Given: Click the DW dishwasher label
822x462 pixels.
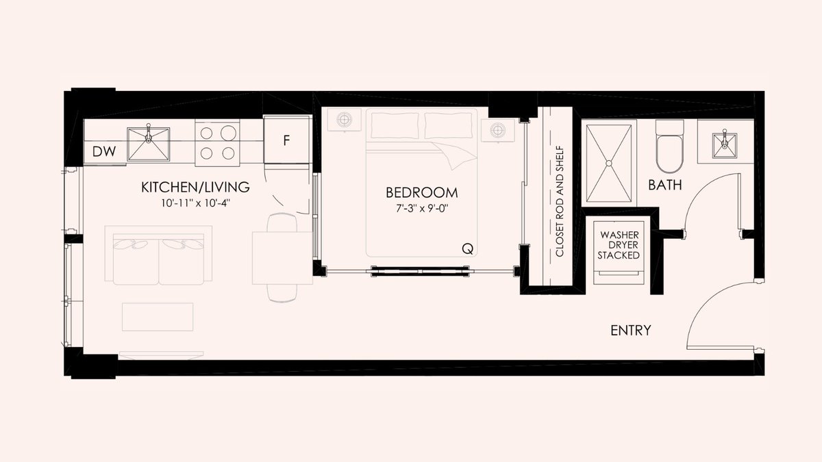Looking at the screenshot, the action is (x=104, y=151).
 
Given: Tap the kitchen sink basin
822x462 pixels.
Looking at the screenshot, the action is (x=148, y=144).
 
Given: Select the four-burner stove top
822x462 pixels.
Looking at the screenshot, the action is (x=217, y=143).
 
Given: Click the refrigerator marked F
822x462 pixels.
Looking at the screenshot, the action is (x=286, y=140).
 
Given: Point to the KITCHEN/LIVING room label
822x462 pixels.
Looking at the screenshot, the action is (x=195, y=188).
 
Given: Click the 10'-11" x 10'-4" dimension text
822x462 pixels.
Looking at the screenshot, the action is (x=195, y=203).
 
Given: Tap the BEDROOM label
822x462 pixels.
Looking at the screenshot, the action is (x=422, y=193).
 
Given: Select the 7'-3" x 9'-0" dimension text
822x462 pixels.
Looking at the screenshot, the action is (x=422, y=209).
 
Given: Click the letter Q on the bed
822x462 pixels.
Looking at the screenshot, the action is (x=467, y=249).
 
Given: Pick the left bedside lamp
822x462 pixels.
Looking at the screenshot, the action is (x=344, y=119).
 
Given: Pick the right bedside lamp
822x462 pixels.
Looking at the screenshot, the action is (x=497, y=130).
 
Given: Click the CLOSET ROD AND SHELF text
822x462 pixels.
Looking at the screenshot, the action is (x=559, y=201).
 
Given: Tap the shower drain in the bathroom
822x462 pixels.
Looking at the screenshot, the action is (x=609, y=163).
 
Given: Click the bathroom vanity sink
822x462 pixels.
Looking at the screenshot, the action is (x=725, y=146).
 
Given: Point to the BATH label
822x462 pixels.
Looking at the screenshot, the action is (x=665, y=185).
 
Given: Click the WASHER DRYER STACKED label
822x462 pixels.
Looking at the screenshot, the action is (x=619, y=245).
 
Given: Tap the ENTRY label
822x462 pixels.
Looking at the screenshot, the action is (x=631, y=331).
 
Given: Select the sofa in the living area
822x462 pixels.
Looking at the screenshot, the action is (x=158, y=255).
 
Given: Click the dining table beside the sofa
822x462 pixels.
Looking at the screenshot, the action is (x=282, y=258).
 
